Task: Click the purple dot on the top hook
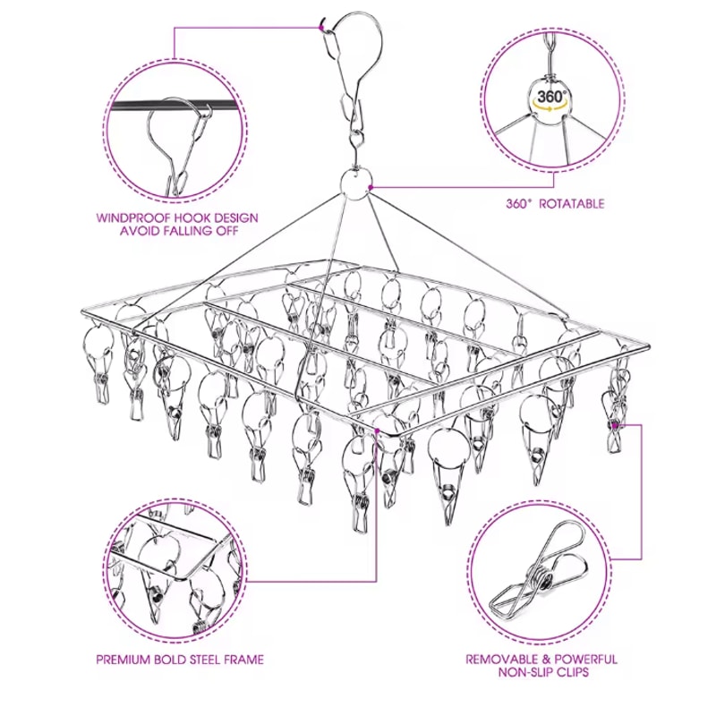pyautogui.click(x=322, y=27)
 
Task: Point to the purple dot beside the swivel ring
pyautogui.click(x=371, y=187)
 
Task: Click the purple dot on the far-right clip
pyautogui.click(x=617, y=424)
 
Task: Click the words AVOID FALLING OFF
pyautogui.click(x=177, y=231)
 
